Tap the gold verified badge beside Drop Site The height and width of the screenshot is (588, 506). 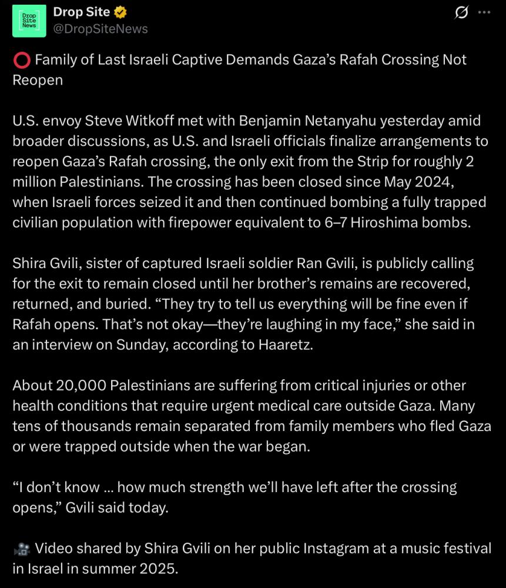tap(120, 12)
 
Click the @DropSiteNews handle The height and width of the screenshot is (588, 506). tap(100, 28)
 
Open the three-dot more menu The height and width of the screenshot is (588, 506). tap(484, 12)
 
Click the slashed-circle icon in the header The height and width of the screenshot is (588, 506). tap(461, 12)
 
